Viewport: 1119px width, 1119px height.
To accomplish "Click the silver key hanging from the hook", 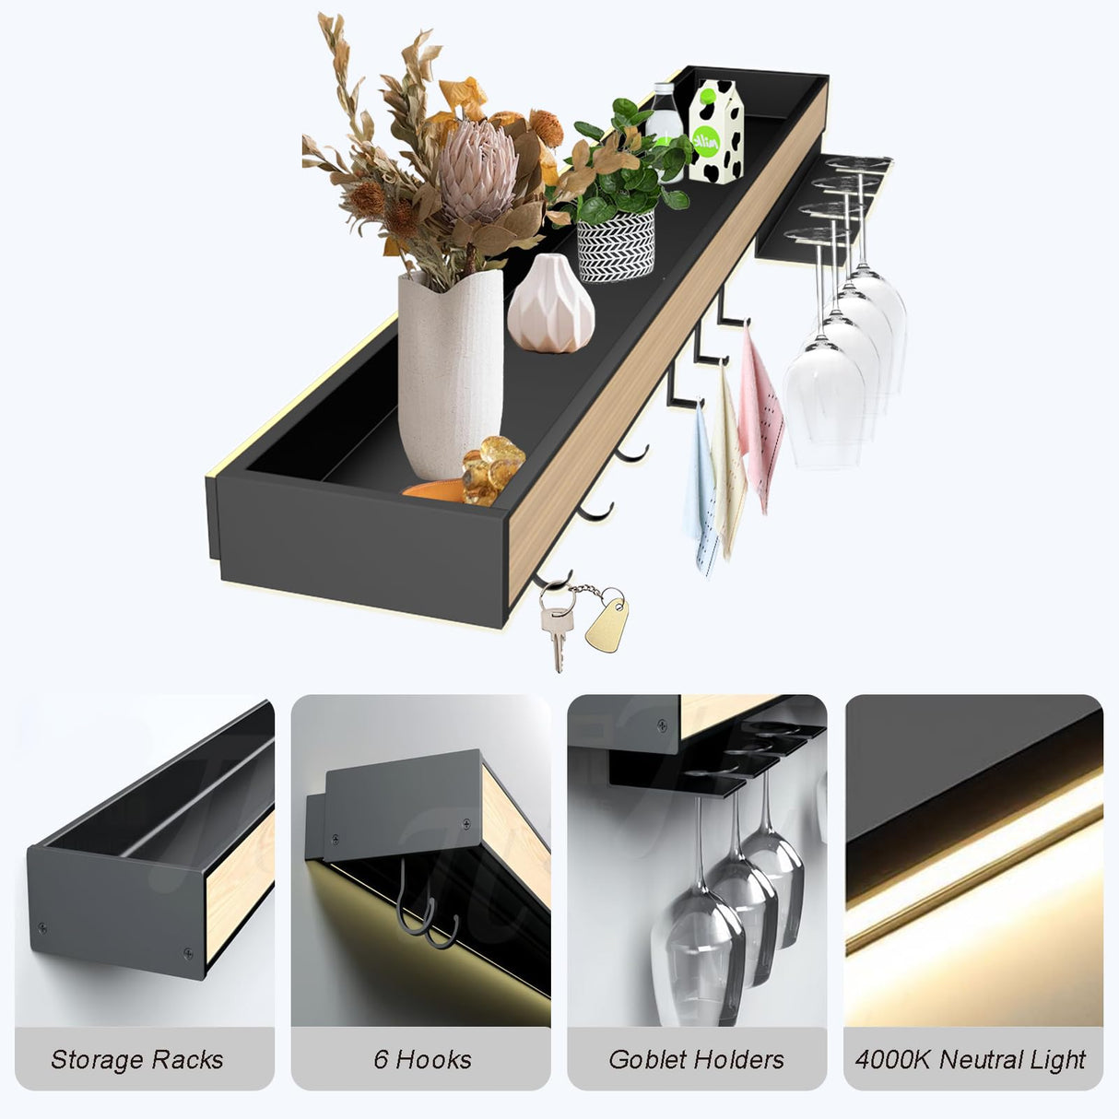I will (x=556, y=627).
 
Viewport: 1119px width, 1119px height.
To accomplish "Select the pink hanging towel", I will (x=760, y=415).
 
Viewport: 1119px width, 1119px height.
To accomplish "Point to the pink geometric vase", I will (x=551, y=304).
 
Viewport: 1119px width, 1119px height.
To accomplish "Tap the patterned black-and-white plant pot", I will (x=615, y=245).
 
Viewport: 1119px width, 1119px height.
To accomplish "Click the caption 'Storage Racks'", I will (x=136, y=1060).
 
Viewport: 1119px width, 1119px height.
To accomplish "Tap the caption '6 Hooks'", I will (x=422, y=1060).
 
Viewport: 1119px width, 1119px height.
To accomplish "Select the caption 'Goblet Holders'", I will (x=696, y=1060).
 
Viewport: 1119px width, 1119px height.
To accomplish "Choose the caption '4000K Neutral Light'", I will (x=971, y=1060).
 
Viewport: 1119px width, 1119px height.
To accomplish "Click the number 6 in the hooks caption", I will (x=381, y=1060).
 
